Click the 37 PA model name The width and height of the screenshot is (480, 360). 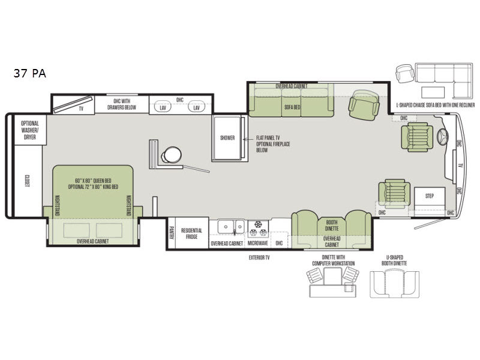30,74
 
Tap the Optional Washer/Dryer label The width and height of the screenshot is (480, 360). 30,130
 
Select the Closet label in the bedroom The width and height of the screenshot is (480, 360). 28,181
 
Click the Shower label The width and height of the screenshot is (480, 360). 227,138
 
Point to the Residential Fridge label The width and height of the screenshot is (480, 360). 191,233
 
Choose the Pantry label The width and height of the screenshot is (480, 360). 171,233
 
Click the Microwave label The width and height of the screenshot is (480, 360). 257,244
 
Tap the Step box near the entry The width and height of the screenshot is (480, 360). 429,196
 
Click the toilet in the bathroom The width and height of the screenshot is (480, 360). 171,154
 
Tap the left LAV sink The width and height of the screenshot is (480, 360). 162,108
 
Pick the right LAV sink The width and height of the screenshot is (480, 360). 195,108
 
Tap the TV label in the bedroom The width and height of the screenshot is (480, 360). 80,109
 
